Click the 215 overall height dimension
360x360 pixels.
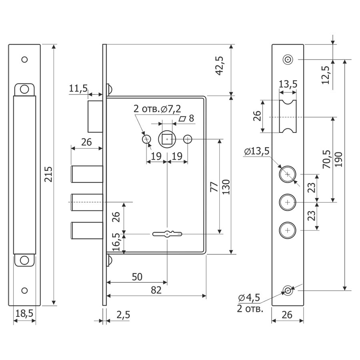(48, 175)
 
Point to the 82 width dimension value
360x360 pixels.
(156, 290)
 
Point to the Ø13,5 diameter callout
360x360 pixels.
(256, 151)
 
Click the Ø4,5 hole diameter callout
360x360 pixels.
(249, 298)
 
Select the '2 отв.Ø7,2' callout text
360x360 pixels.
(157, 109)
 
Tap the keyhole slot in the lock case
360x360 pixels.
(167, 234)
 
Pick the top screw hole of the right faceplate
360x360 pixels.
(288, 60)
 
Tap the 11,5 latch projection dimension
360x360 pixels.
(78, 89)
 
